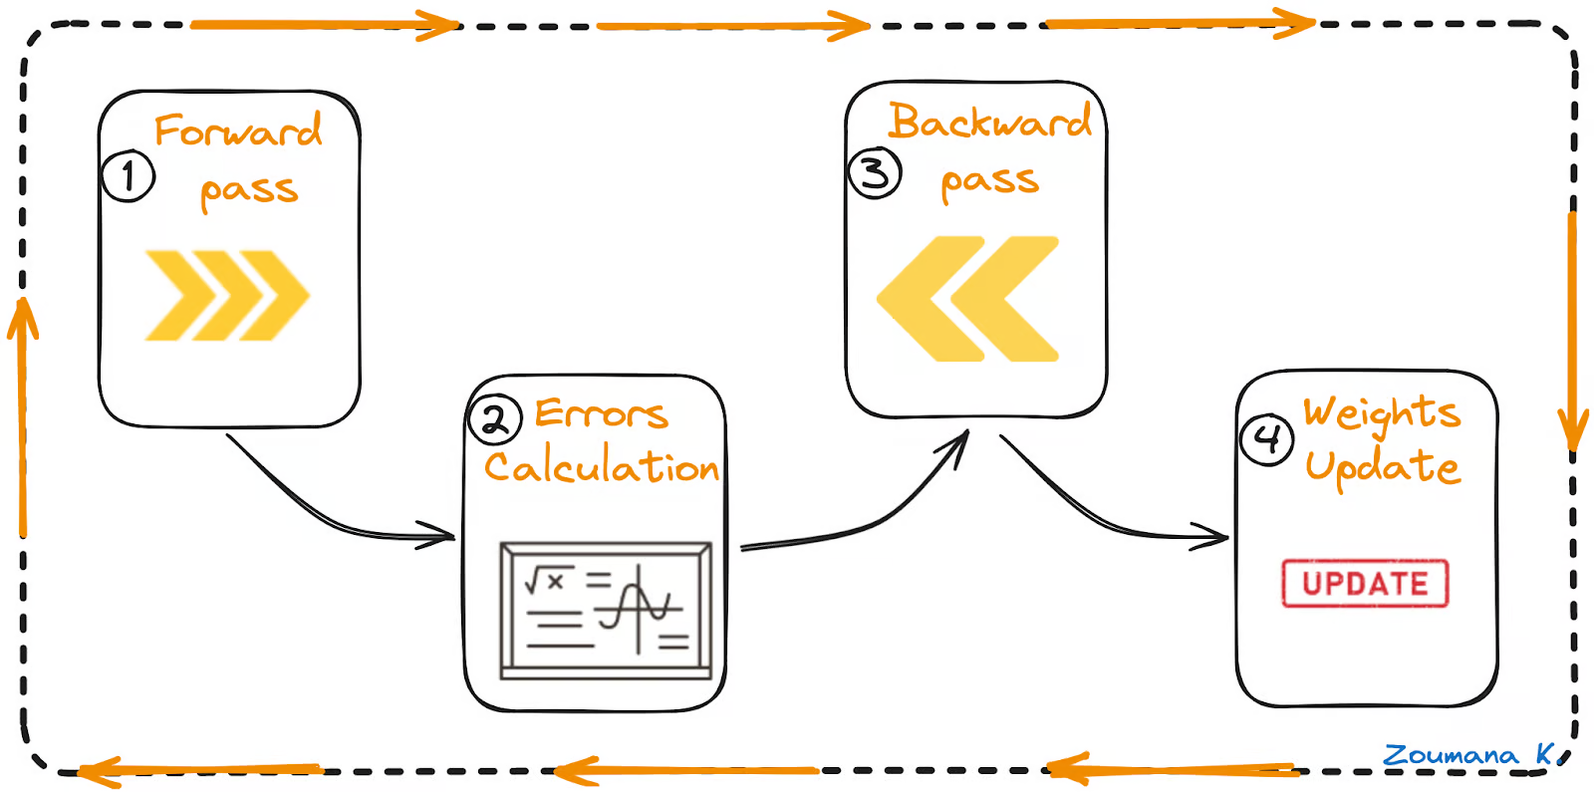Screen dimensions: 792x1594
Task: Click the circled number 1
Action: coord(129,176)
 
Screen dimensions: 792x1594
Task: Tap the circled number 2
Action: coord(494,418)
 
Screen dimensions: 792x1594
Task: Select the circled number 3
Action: coord(874,173)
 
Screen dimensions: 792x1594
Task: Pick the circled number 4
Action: coord(1266,437)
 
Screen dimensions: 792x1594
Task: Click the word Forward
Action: coord(238,132)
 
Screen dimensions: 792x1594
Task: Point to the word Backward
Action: coord(990,122)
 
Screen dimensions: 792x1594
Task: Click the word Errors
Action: coord(601,413)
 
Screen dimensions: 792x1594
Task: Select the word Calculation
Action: coord(602,466)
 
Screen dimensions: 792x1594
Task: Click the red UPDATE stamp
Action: coord(1364,583)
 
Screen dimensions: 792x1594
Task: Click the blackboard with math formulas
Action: coord(606,610)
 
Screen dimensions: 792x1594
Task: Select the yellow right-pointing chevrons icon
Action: coord(227,295)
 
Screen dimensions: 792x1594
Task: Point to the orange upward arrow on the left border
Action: coord(22,418)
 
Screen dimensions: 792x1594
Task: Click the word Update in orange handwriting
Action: coord(1382,466)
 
